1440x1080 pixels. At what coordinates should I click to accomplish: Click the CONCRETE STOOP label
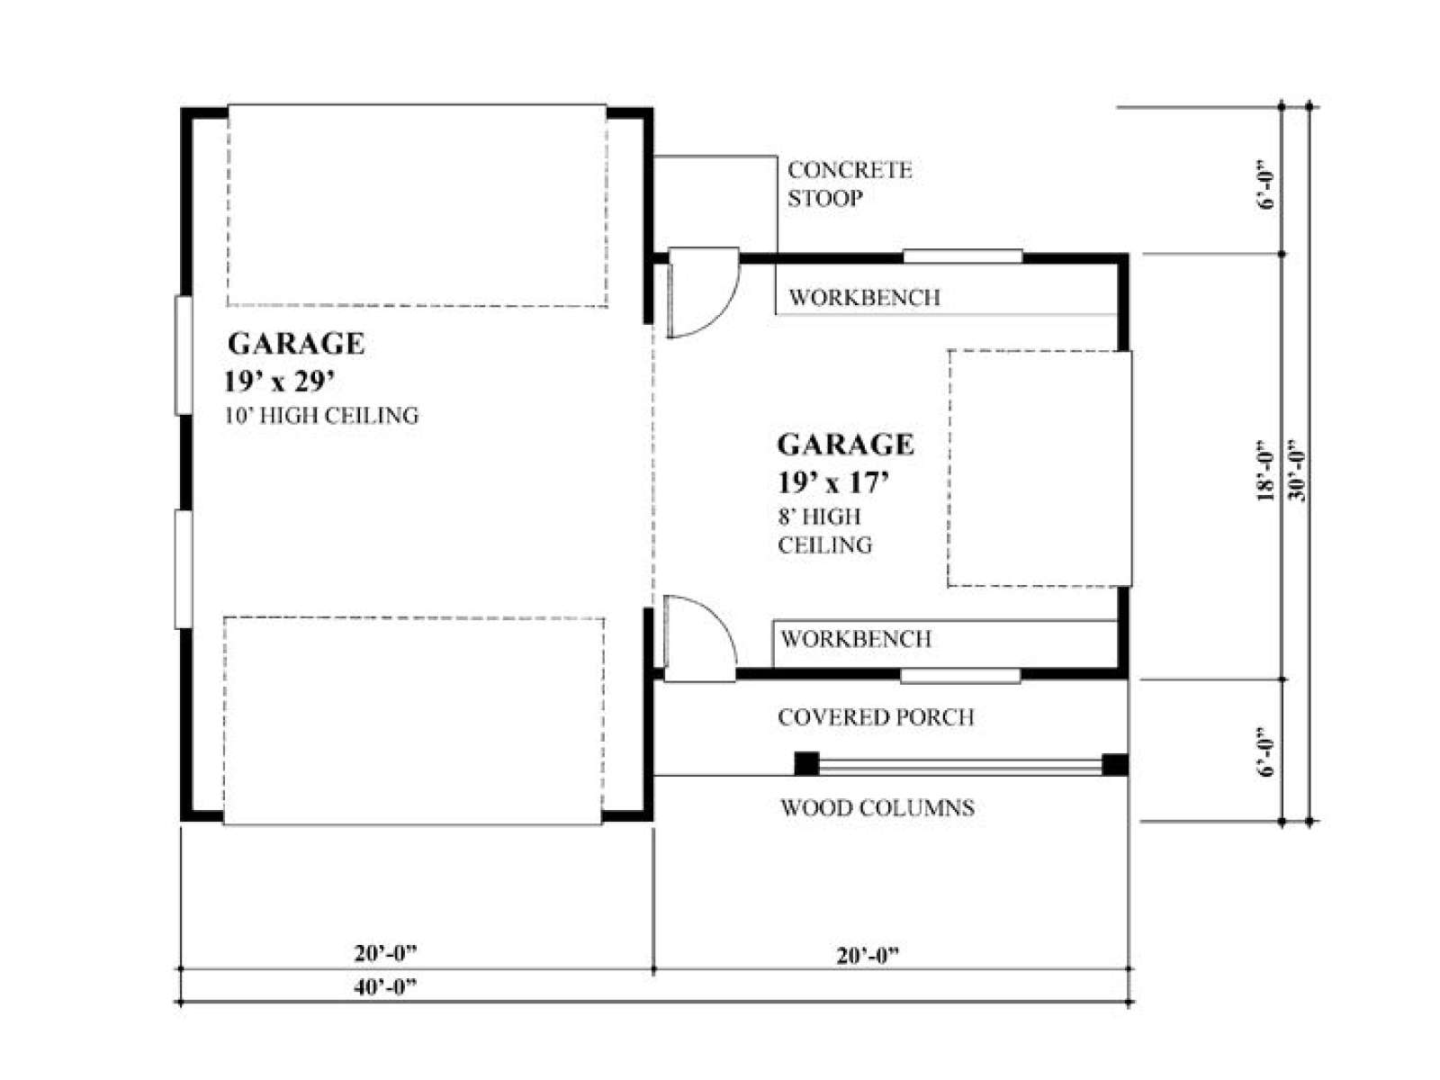pos(849,184)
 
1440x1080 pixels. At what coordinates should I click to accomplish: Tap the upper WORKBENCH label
pos(864,298)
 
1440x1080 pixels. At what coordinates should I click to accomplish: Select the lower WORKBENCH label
pos(856,639)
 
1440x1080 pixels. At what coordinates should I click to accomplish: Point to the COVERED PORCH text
pos(876,717)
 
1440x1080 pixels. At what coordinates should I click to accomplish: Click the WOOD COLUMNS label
pos(877,808)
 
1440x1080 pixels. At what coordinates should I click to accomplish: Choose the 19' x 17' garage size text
pos(833,482)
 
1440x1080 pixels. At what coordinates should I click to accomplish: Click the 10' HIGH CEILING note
pos(321,416)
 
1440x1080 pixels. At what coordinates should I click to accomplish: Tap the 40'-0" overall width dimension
pos(385,987)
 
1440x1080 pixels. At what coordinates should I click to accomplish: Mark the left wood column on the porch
pos(807,764)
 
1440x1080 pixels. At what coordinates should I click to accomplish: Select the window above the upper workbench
pos(962,256)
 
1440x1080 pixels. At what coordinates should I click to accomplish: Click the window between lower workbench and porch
pos(959,676)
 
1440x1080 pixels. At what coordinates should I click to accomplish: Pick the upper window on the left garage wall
pos(183,355)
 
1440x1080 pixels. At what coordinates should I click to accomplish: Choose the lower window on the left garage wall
pos(183,569)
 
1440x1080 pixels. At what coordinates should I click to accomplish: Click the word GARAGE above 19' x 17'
pos(845,445)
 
